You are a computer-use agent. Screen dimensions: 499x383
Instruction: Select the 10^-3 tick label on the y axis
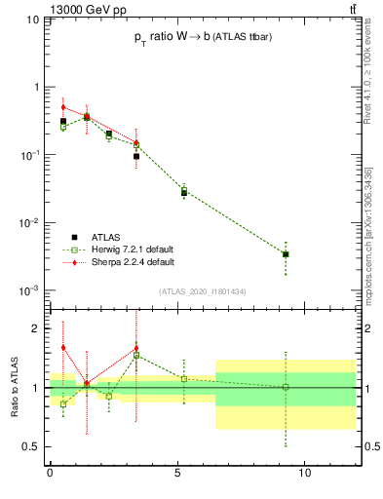pos(28,291)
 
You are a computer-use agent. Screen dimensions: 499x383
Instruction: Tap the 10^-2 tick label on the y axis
pos(28,223)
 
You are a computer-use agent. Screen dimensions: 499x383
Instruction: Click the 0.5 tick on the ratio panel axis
pos(31,446)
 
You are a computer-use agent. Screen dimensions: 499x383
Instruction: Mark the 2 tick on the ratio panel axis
pos(36,328)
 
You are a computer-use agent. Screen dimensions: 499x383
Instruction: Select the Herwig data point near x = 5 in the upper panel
pos(183,191)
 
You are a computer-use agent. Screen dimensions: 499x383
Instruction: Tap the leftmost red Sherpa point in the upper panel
pos(63,107)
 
